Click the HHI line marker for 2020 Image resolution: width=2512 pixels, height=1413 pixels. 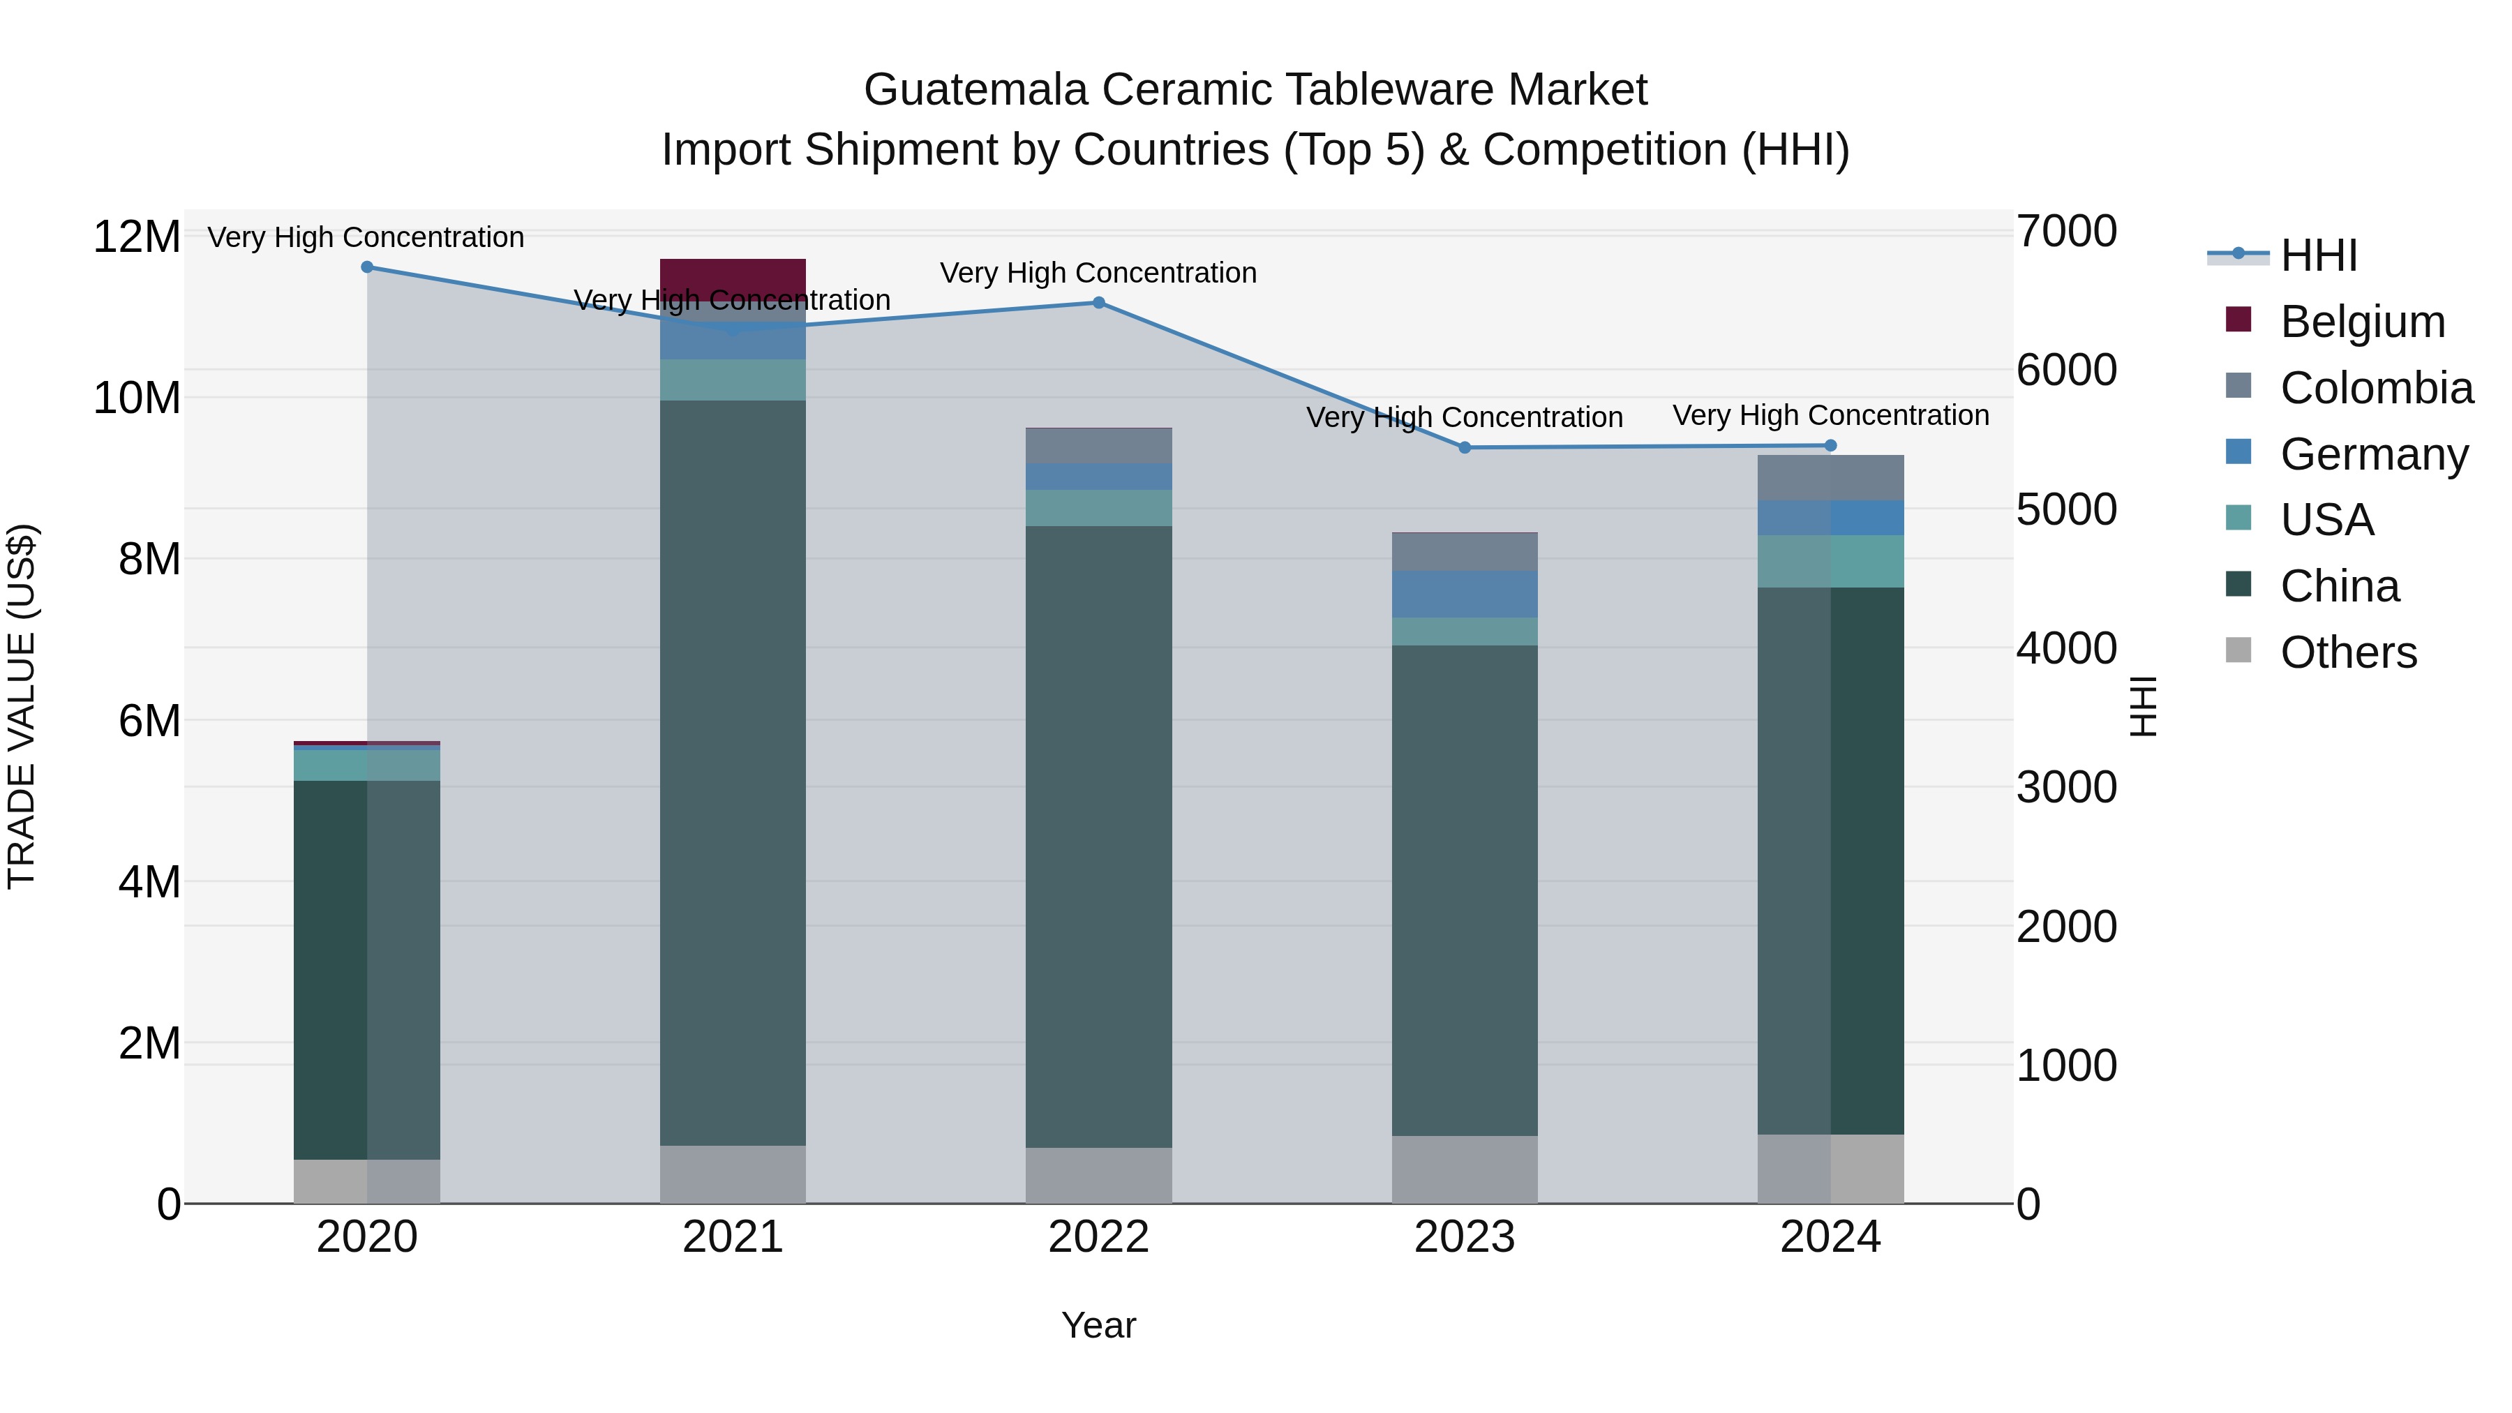366,267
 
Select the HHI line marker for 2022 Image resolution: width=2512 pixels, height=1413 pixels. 1098,304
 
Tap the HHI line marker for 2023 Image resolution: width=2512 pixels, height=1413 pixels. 1464,447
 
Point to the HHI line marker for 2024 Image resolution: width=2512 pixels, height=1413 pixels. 1830,446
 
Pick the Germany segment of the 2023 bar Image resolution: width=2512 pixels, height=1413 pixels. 1464,594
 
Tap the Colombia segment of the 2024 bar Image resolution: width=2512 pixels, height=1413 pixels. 1830,478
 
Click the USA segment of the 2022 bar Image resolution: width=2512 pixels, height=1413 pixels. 1098,508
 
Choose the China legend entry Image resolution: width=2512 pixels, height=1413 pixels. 2338,586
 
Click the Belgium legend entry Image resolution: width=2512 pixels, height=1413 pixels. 2361,322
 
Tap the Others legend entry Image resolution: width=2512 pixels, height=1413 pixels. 2347,652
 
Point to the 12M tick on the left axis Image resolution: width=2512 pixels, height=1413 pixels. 137,237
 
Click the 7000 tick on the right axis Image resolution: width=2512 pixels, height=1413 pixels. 2065,232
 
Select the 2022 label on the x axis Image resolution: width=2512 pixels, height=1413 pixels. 1098,1237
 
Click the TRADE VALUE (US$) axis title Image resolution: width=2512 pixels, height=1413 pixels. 22,706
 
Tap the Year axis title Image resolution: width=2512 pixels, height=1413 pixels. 1098,1325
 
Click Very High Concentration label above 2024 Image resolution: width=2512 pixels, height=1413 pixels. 1830,415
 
